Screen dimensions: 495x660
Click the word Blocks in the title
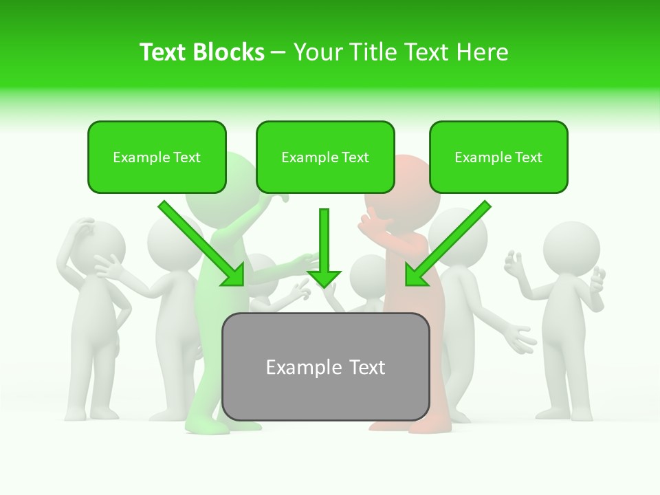[x=228, y=52]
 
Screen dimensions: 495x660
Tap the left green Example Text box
[x=157, y=157]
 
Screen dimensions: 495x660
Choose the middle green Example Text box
[x=325, y=157]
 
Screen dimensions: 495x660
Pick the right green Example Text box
[x=498, y=157]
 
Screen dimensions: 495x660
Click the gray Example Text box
[x=325, y=367]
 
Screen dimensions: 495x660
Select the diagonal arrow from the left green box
[x=202, y=244]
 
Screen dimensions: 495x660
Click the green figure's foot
[x=207, y=427]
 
